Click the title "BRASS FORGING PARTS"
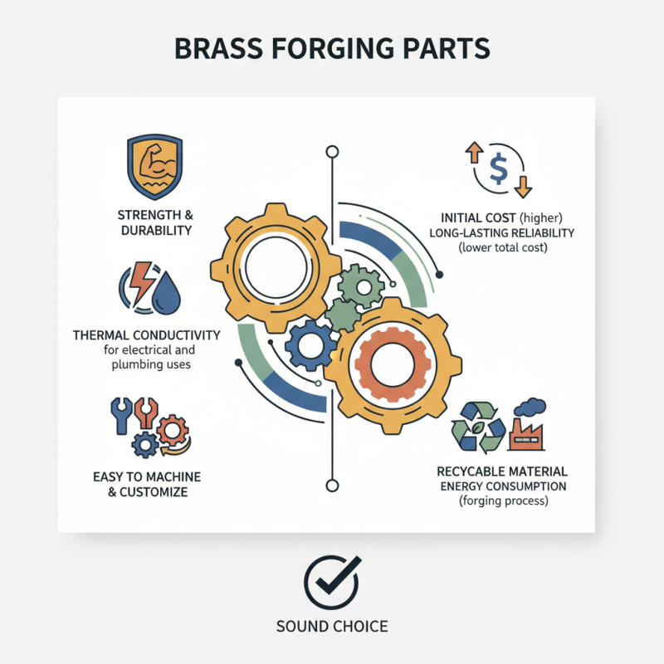coord(332,48)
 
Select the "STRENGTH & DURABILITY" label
coord(155,222)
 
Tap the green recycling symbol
coord(476,427)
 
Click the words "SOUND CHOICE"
coord(332,626)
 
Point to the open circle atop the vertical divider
coord(333,152)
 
